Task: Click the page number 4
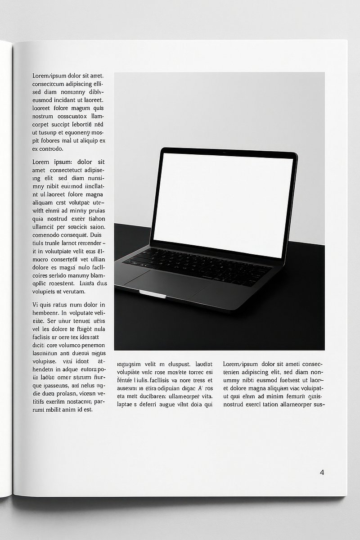pyautogui.click(x=322, y=472)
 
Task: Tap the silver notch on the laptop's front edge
pyautogui.click(x=152, y=294)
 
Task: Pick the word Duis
pyautogui.click(x=96, y=235)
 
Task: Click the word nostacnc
pyautogui.click(x=78, y=401)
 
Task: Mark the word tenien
pyautogui.click(x=232, y=372)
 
